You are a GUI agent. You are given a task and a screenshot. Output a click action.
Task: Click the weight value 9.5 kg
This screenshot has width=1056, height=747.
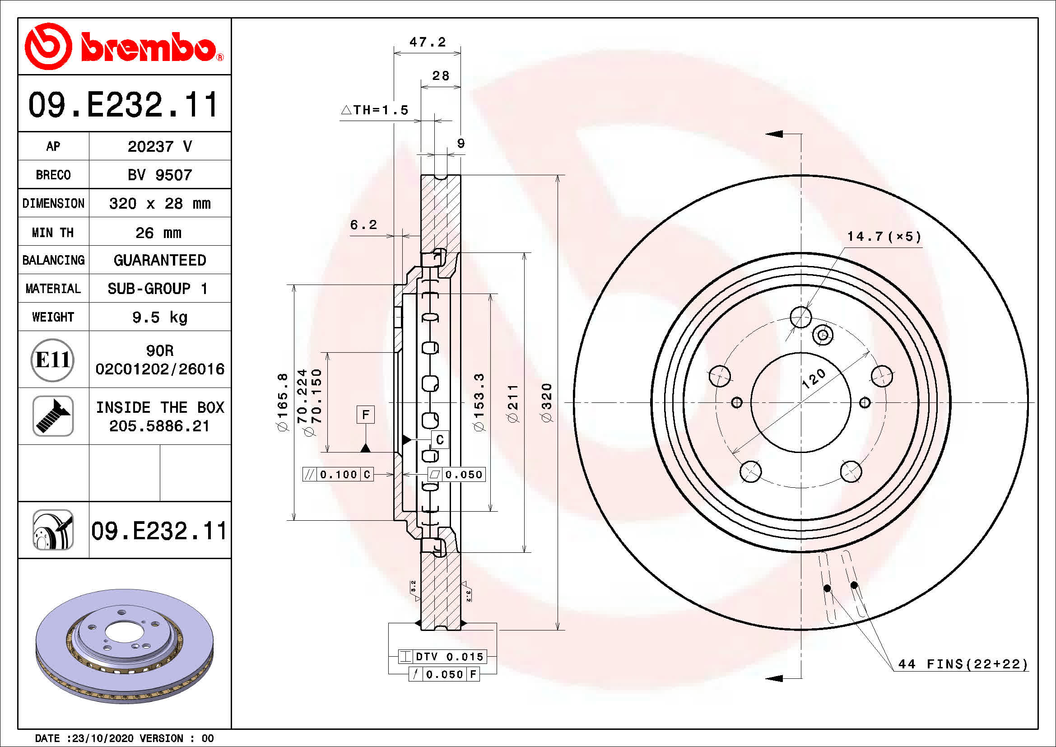click(159, 317)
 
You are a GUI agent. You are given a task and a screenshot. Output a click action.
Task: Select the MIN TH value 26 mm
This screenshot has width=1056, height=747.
click(158, 233)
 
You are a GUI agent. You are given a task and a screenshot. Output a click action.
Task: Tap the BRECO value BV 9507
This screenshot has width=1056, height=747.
click(159, 175)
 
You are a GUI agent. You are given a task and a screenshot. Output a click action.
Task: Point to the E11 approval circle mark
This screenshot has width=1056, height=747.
click(52, 359)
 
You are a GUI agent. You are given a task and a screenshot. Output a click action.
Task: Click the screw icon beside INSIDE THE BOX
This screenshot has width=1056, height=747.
click(53, 416)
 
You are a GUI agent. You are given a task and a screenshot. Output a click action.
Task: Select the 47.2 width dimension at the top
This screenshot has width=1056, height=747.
click(428, 42)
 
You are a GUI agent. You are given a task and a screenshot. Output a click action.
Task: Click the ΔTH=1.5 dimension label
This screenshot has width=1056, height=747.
click(375, 110)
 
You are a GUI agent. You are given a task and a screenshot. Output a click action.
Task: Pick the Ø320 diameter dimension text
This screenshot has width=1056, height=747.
click(546, 402)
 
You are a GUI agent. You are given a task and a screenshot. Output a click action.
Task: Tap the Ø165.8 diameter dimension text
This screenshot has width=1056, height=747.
click(282, 402)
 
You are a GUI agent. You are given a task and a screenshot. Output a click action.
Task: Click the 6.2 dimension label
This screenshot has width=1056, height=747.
click(363, 224)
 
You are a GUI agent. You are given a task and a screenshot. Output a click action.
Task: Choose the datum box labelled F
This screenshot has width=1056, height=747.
click(366, 415)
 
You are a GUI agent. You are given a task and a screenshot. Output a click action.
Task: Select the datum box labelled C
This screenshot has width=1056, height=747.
click(440, 440)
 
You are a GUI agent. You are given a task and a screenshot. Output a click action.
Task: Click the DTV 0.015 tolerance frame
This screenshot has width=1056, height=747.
click(442, 656)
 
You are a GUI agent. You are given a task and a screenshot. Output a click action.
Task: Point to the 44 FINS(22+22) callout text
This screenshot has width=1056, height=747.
click(963, 664)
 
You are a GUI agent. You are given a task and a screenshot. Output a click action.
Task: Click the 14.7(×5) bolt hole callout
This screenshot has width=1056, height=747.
click(884, 236)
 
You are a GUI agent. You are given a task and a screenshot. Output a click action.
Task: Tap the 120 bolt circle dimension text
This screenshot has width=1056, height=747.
click(813, 379)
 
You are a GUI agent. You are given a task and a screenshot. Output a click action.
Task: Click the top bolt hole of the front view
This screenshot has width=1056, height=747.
click(801, 317)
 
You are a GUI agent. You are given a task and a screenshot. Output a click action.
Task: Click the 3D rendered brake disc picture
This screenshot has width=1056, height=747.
click(124, 646)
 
